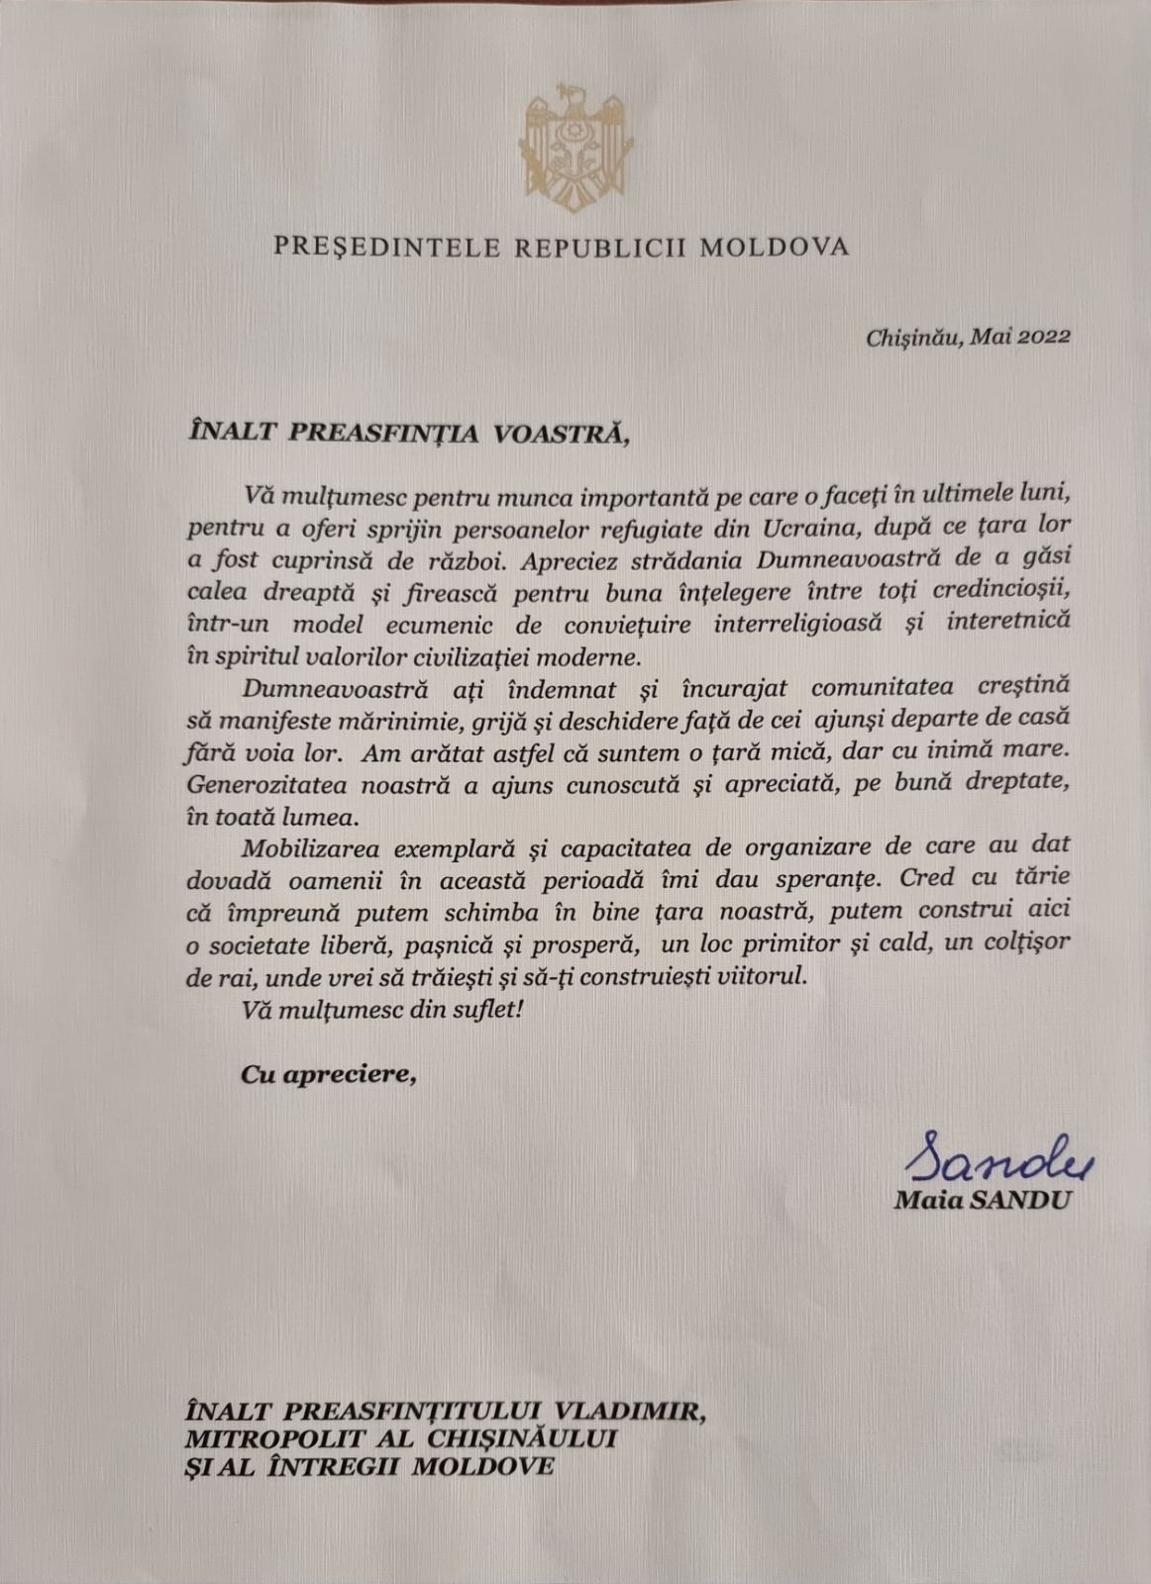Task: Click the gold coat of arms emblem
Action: [575, 147]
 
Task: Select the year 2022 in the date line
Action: [1044, 337]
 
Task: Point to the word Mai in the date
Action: [990, 337]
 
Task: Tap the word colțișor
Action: [1028, 942]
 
